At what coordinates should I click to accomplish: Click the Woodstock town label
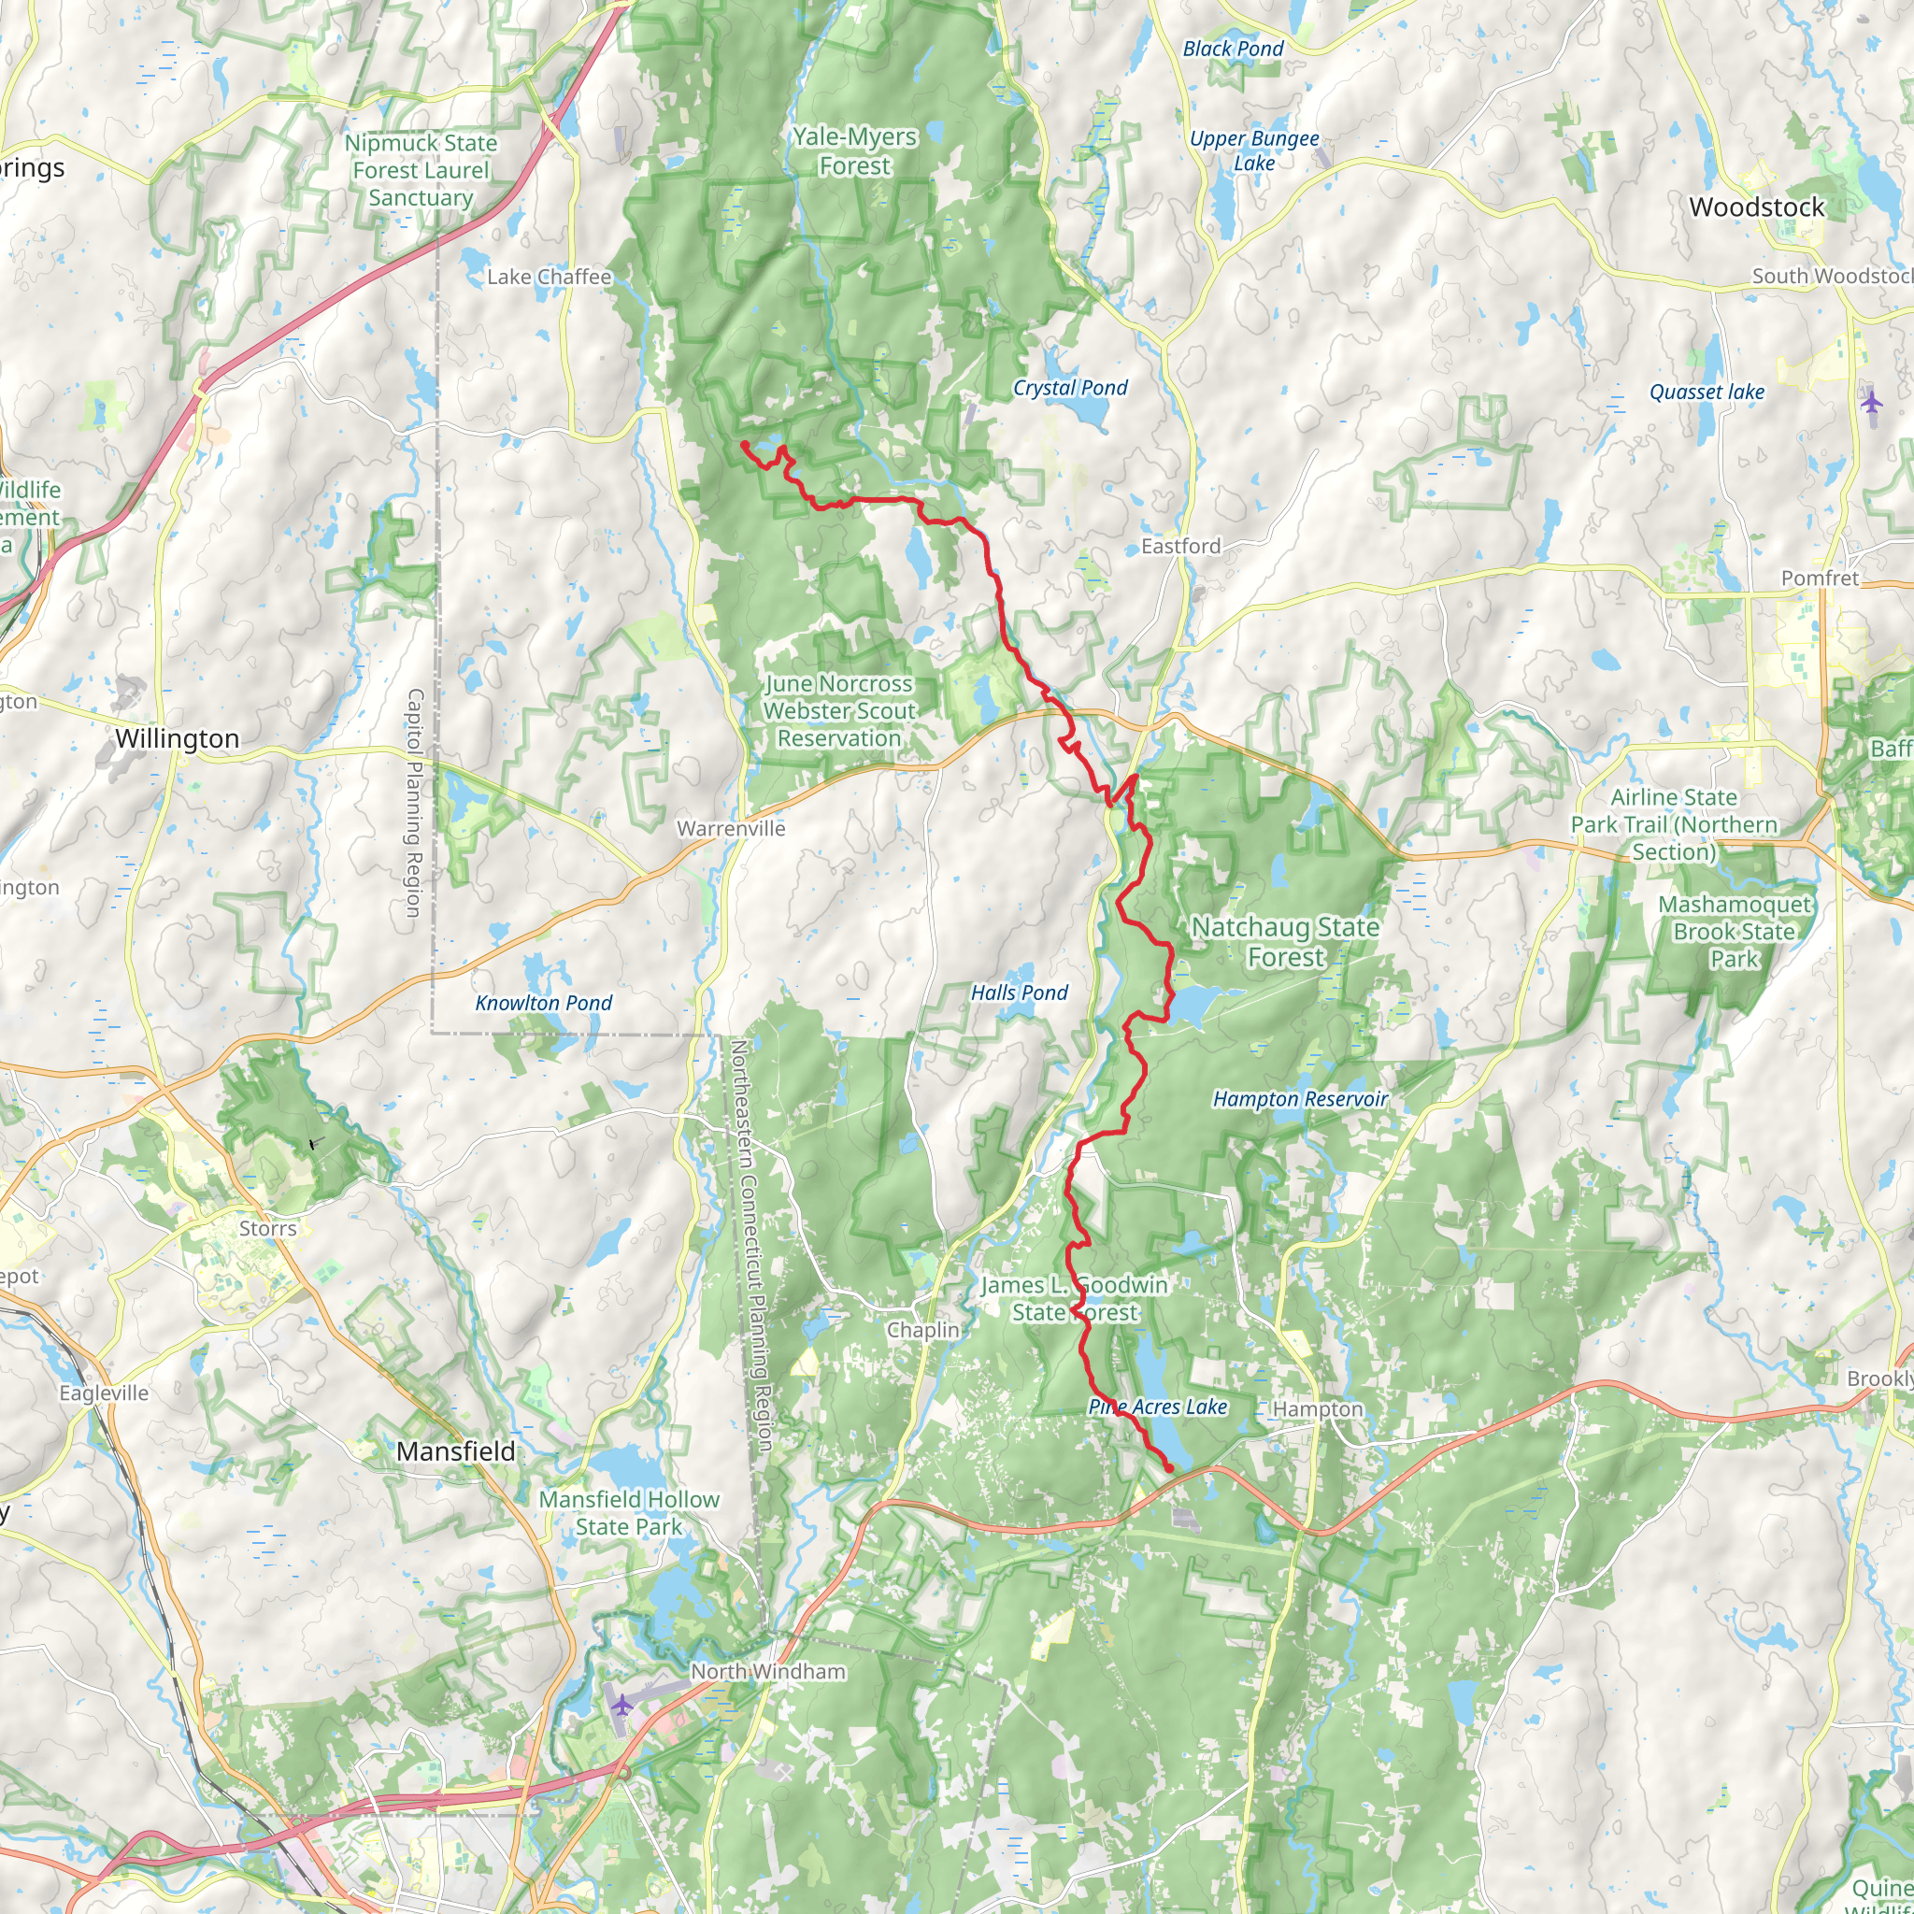click(1756, 207)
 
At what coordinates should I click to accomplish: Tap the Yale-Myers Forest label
click(854, 151)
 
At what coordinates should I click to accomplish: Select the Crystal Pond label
click(1069, 387)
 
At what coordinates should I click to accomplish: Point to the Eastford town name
click(1180, 546)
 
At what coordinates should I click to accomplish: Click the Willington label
click(177, 738)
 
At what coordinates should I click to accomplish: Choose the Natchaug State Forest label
click(1285, 941)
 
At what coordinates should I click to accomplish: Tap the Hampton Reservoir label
click(1300, 1099)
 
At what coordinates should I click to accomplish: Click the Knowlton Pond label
click(543, 1003)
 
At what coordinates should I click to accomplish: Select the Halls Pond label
click(1019, 993)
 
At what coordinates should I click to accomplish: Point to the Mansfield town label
click(456, 1451)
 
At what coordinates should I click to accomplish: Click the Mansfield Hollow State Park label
click(628, 1513)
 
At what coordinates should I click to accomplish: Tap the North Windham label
click(768, 1671)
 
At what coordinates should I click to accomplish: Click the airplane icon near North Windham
click(621, 1705)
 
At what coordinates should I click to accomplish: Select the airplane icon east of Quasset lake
click(1870, 402)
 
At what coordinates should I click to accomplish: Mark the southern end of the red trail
click(1170, 1468)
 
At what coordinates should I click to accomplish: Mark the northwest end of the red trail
click(743, 444)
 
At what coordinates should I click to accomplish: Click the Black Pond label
click(1233, 49)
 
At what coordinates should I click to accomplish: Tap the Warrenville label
click(730, 828)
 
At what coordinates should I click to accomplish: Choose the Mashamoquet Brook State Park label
click(1734, 931)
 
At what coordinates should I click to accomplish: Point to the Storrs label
click(267, 1228)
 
